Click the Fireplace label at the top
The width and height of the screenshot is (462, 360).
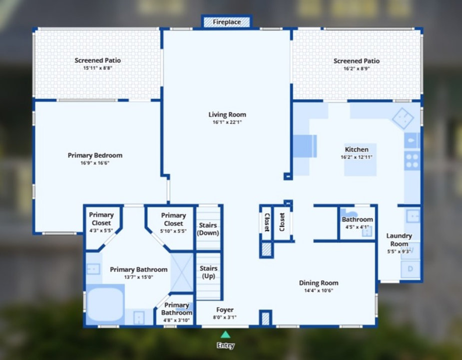point(227,22)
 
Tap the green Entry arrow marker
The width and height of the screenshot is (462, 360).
point(226,334)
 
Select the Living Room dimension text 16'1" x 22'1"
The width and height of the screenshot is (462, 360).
point(227,122)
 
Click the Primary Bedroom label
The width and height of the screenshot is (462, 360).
point(95,155)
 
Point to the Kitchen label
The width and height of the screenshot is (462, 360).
point(357,149)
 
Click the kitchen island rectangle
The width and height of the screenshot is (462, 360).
point(360,159)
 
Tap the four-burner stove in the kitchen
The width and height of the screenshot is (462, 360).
point(412,160)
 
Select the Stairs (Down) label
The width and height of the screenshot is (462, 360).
point(208,229)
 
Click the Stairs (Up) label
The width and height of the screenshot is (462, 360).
point(209,272)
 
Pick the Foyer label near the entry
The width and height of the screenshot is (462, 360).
point(225,309)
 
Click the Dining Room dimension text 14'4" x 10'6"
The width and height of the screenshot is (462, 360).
point(319,290)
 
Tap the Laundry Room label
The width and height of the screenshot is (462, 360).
point(399,239)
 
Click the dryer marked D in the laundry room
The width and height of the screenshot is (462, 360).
point(411,269)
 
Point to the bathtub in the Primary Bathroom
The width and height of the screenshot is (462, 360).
point(105,304)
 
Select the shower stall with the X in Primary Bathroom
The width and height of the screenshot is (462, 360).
point(182,272)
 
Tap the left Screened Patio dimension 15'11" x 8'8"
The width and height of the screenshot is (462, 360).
point(97,68)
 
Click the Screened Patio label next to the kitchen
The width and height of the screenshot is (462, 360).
point(357,61)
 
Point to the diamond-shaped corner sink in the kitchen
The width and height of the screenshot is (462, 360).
point(403,118)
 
